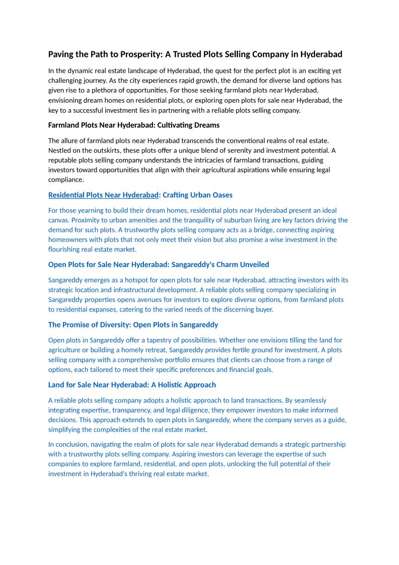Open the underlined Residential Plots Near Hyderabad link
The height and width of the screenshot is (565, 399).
103,195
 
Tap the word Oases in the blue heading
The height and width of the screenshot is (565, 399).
222,195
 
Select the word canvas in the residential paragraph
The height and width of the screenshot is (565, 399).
59,220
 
